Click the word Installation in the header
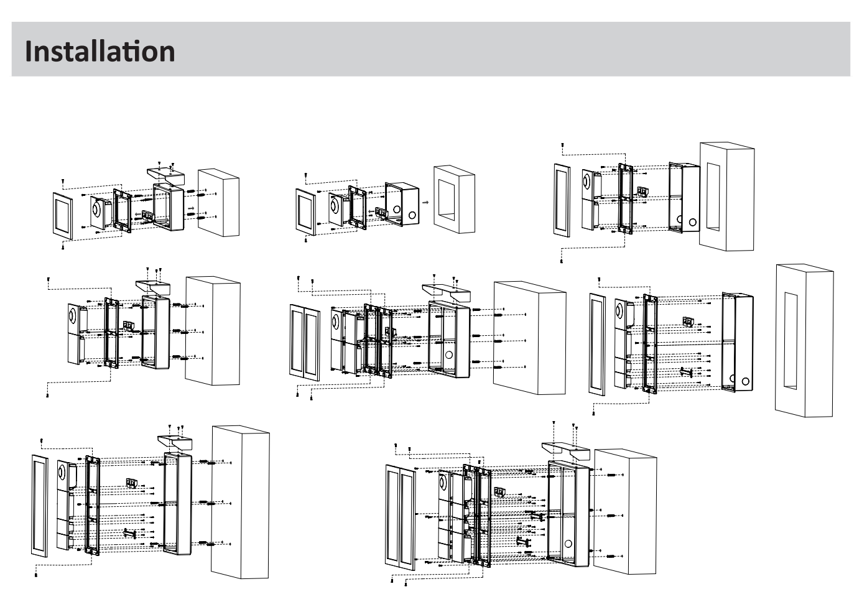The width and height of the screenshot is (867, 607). pos(100,52)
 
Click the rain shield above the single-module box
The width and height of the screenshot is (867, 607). pos(165,176)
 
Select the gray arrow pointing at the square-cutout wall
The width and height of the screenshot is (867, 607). pos(425,202)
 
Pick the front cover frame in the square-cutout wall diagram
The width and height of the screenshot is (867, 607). pos(306,211)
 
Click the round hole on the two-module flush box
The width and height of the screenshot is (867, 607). pos(692,223)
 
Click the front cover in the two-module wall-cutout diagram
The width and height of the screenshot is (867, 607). pos(562,200)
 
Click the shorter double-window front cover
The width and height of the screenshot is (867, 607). pos(305,342)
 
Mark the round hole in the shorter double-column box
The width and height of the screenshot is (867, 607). pos(449,354)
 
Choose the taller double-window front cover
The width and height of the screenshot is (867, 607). pos(400,517)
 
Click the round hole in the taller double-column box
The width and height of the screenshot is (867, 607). pos(568,544)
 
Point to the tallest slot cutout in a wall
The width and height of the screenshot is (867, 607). pos(790,341)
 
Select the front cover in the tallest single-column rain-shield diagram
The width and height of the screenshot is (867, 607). pos(40,506)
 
